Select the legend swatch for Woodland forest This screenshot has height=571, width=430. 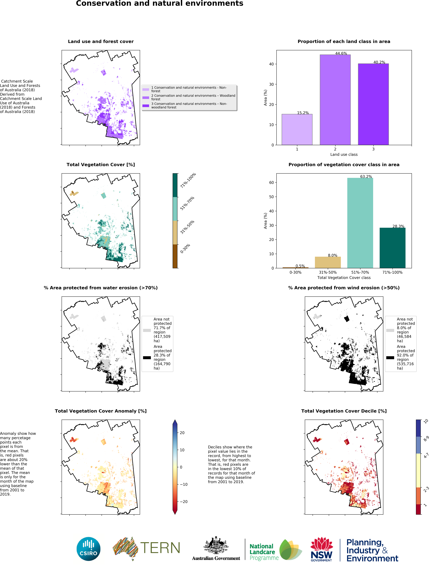click(146, 98)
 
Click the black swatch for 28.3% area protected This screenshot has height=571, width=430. click(147, 357)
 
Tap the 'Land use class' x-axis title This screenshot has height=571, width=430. click(344, 154)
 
